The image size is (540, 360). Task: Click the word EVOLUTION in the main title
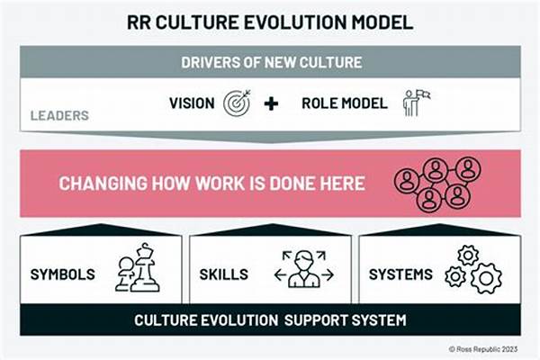click(295, 22)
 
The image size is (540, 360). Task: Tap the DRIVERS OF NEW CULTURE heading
click(272, 62)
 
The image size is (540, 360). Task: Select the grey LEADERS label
click(59, 115)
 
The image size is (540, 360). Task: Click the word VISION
click(192, 103)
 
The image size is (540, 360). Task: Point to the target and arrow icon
click(237, 103)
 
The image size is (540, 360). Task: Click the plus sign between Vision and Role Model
click(272, 103)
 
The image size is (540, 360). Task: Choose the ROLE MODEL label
click(345, 103)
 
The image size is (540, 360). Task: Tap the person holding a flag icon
click(416, 103)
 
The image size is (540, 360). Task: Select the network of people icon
click(437, 184)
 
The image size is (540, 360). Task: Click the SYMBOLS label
click(62, 274)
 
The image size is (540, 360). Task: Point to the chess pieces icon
click(137, 267)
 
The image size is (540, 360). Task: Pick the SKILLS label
click(223, 274)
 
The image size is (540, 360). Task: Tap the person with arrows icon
click(304, 269)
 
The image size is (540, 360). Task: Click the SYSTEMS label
click(400, 274)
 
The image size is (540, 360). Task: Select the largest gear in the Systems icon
click(486, 278)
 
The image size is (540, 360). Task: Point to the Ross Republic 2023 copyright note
click(482, 349)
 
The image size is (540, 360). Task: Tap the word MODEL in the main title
click(382, 22)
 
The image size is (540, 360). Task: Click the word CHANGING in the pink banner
click(103, 184)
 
